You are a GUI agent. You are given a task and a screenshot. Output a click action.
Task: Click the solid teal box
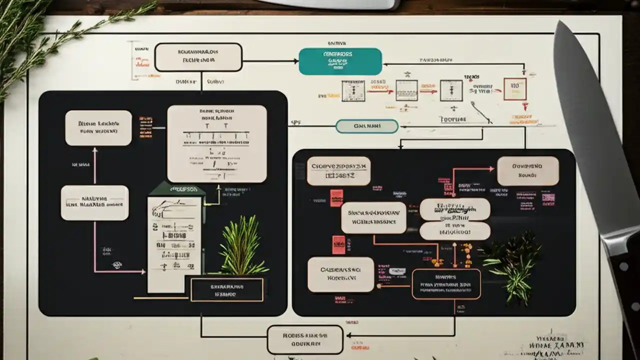point(340,61)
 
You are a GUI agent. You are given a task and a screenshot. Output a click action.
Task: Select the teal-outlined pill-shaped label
point(367,126)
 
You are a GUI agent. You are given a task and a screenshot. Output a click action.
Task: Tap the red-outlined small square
point(514,89)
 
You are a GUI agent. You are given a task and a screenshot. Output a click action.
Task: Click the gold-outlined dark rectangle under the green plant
point(227,290)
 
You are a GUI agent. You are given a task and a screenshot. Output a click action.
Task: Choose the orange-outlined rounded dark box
point(446,284)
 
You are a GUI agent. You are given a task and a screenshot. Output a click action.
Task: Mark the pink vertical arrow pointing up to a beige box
point(94,165)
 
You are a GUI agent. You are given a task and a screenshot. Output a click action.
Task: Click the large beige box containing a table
point(216,143)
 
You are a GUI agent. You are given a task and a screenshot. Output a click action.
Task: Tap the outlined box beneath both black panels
point(305,340)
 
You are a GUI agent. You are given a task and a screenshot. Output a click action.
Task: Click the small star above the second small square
point(407,74)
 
